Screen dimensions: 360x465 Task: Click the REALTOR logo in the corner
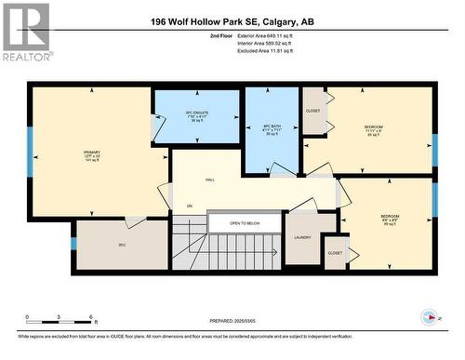tap(26, 33)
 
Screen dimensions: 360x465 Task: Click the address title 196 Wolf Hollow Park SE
tap(232, 21)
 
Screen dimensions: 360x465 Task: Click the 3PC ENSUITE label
tap(195, 114)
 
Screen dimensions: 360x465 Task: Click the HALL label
tap(210, 180)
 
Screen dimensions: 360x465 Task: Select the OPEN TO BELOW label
tap(246, 224)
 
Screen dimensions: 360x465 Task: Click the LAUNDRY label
tap(301, 238)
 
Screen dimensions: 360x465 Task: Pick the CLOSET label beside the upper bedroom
tap(312, 111)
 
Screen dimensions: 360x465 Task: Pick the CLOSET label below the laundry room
tap(334, 253)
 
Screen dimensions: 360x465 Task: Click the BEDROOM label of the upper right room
tap(373, 127)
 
